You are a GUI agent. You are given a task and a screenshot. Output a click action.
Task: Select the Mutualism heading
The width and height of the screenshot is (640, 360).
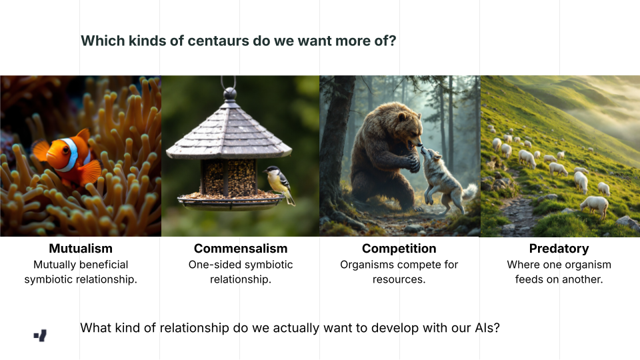point(81,248)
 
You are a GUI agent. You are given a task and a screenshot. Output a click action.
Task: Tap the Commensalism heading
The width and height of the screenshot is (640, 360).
point(241,248)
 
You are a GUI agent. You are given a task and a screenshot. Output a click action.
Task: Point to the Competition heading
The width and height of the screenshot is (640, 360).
point(399,249)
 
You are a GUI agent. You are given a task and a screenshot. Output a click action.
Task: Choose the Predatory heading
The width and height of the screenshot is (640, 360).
point(559,249)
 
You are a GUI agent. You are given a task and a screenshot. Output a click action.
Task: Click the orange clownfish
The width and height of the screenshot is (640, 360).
point(68,157)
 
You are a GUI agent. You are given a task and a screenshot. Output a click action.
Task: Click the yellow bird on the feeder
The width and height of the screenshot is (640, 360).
point(279,183)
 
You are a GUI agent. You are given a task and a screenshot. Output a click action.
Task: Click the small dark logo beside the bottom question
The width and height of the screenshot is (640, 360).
point(40,335)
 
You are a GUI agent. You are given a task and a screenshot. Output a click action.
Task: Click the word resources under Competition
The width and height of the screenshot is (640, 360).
point(399,279)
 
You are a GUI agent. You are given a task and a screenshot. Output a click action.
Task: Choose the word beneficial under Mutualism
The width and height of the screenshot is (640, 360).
point(104,265)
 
